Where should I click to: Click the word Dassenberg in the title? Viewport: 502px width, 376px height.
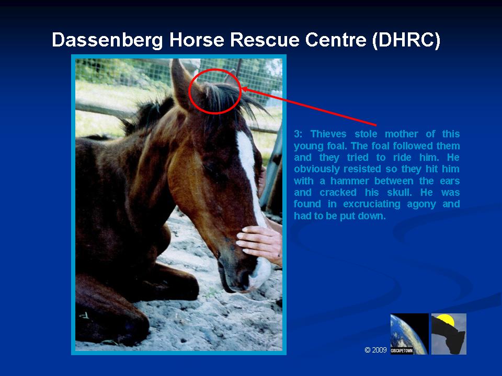(107, 40)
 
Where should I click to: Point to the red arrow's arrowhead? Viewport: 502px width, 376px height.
(245, 89)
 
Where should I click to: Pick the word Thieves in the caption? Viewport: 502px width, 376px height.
(328, 134)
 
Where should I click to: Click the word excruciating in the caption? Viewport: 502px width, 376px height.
(371, 204)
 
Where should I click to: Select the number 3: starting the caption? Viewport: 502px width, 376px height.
(298, 134)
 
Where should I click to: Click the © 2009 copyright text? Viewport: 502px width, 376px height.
(375, 350)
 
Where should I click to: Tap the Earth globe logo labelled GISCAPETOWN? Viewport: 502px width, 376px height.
(409, 334)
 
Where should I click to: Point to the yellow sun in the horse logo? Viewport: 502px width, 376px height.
(446, 320)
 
